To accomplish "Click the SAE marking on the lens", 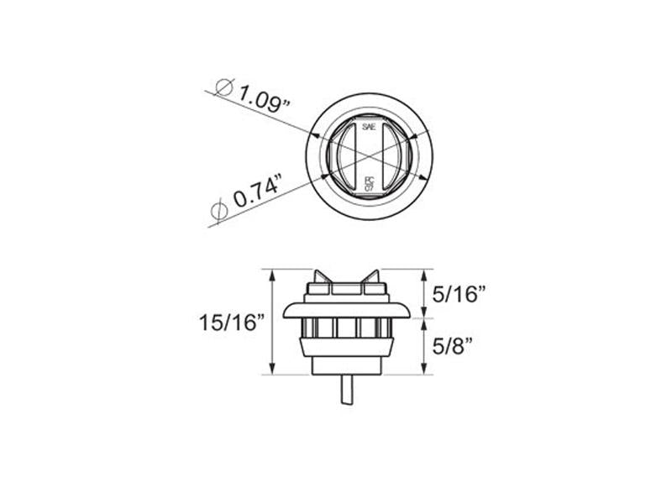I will coord(368,126).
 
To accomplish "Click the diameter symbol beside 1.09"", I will coord(223,86).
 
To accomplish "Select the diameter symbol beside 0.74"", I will coord(218,212).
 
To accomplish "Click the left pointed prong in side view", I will coord(318,277).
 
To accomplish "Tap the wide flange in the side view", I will coord(345,311).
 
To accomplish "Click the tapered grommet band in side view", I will coord(345,346).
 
